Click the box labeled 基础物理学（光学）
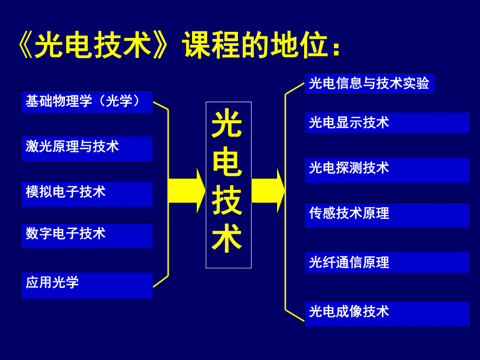click(x=87, y=101)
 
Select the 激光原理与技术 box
click(x=87, y=149)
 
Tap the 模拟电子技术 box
click(x=87, y=194)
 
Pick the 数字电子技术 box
click(x=87, y=235)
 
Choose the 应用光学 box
click(x=87, y=285)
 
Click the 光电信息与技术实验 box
click(x=369, y=83)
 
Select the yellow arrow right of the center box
click(x=268, y=190)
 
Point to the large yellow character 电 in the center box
click(x=227, y=164)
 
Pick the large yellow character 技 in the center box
click(x=227, y=202)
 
